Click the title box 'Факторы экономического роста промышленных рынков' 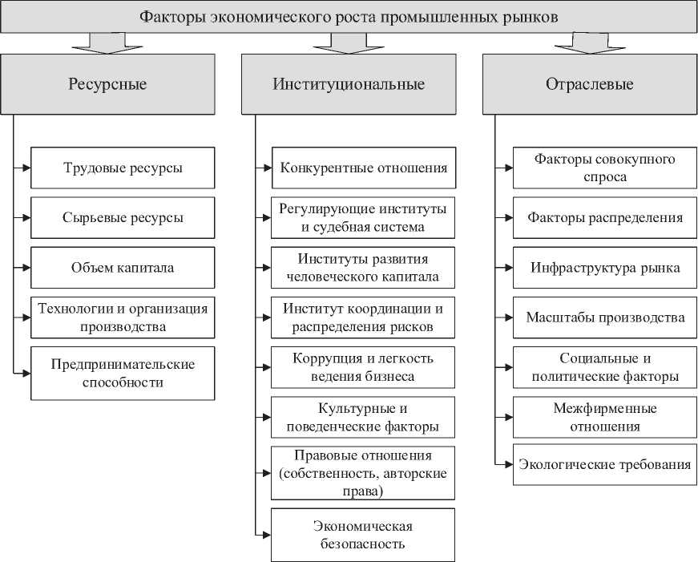click(349, 17)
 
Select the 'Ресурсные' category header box click(108, 84)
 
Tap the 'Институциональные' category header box click(349, 84)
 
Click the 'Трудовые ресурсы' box click(123, 168)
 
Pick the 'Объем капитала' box click(123, 267)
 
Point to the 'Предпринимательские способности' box click(123, 373)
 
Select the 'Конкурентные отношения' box click(363, 168)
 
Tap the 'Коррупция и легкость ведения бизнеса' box click(363, 366)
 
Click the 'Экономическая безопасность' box click(363, 535)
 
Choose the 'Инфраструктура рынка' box click(605, 267)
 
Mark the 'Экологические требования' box click(605, 464)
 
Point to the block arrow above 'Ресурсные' click(108, 42)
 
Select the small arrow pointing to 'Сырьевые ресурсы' click(23, 217)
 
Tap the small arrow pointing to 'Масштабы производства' click(504, 317)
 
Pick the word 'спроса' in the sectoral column click(605, 176)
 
